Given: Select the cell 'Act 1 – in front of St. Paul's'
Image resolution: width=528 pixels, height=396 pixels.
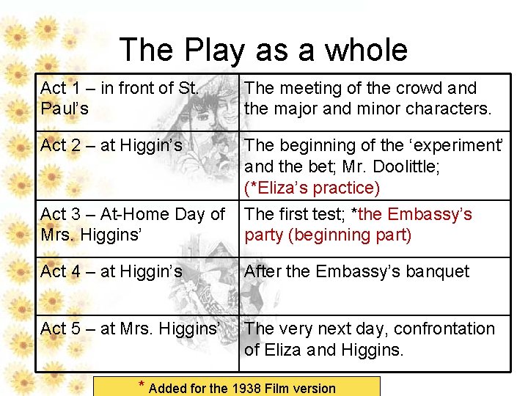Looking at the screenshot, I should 120,98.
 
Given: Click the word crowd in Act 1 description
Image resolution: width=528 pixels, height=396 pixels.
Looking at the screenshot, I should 415,89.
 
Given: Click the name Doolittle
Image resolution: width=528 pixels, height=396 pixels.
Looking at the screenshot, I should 406,166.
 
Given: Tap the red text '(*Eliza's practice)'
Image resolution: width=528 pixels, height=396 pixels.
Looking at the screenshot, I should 312,188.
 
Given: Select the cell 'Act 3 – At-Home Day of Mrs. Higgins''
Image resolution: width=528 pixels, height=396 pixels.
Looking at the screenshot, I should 133,224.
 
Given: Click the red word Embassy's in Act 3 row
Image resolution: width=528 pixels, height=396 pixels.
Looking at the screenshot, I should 430,214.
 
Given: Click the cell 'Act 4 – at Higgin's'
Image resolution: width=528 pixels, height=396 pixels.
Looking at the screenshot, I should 111,271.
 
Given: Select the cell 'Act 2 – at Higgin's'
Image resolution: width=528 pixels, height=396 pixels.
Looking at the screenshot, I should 111,146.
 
